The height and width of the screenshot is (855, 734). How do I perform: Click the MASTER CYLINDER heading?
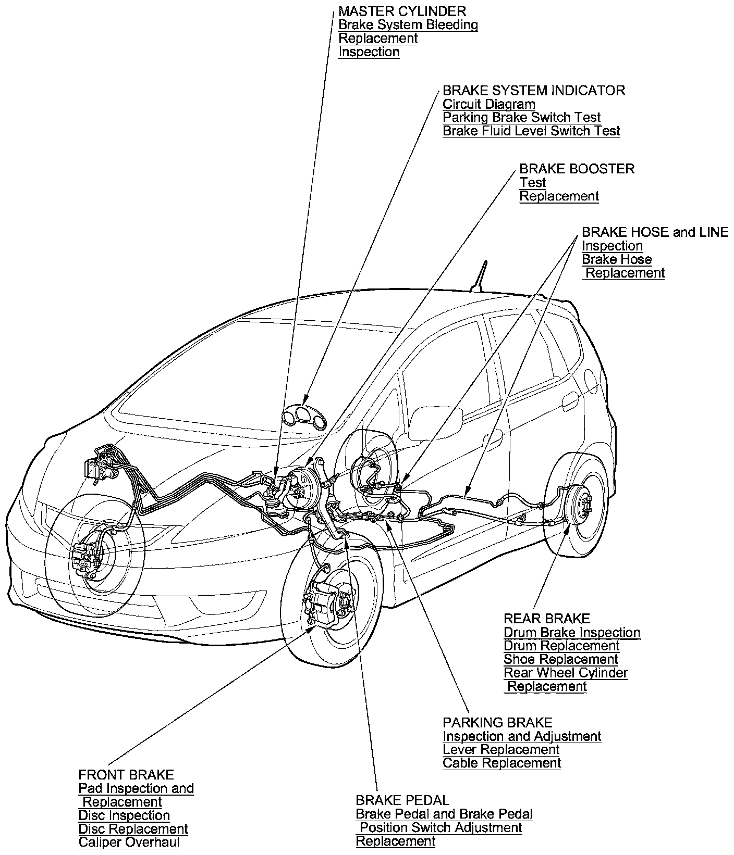402,11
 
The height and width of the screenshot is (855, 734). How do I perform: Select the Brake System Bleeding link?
408,24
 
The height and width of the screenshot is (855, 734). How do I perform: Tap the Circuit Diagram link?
488,104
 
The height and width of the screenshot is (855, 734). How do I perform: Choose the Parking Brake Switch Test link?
521,118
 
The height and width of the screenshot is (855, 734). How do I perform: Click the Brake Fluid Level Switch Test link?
531,131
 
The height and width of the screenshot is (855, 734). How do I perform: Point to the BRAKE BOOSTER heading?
577,169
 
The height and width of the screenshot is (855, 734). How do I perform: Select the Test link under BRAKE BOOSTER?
532,183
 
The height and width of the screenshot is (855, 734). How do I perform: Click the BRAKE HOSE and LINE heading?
655,232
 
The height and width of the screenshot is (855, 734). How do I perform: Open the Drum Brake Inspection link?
571,633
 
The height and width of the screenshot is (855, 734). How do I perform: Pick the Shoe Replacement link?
560,660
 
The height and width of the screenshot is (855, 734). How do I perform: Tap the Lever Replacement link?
500,750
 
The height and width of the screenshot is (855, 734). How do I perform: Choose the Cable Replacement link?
501,763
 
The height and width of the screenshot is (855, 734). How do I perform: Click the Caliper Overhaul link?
129,843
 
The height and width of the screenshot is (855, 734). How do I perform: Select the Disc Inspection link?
124,815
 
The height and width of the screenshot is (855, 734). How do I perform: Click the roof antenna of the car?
482,276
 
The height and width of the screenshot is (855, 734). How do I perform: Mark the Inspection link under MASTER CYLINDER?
369,52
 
